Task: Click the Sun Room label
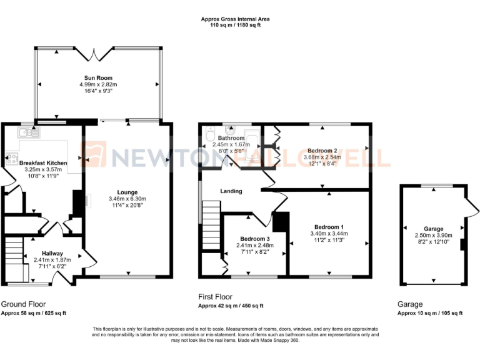point(98,78)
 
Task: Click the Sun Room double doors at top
point(94,54)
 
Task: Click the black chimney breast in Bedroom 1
point(281,222)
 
